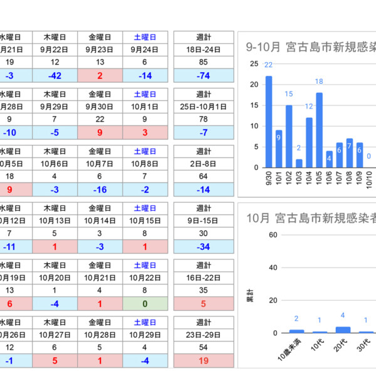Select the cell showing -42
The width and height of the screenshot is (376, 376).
[x=55, y=75]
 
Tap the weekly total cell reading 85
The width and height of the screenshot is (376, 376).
[x=204, y=62]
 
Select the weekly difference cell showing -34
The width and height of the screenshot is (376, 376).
[x=204, y=246]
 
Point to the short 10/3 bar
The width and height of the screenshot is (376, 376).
[x=299, y=163]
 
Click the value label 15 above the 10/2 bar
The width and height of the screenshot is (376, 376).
[x=289, y=94]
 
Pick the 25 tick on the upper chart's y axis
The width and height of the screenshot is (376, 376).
[x=254, y=64]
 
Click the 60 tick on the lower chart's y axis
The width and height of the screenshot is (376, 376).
[x=273, y=235]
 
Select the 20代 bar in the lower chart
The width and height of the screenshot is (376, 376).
[x=343, y=329]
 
